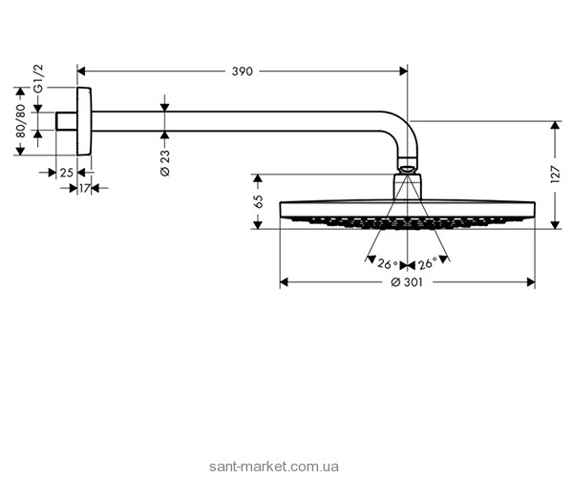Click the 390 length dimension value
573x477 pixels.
[x=243, y=70]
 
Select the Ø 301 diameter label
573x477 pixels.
[x=407, y=283]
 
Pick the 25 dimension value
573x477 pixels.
[x=65, y=173]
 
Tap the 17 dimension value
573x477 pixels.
[x=84, y=189]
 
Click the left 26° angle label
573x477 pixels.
[x=387, y=263]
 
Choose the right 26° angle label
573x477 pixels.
[x=426, y=263]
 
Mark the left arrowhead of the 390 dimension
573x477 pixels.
[x=82, y=70]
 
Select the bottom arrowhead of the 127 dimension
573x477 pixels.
[x=556, y=224]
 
